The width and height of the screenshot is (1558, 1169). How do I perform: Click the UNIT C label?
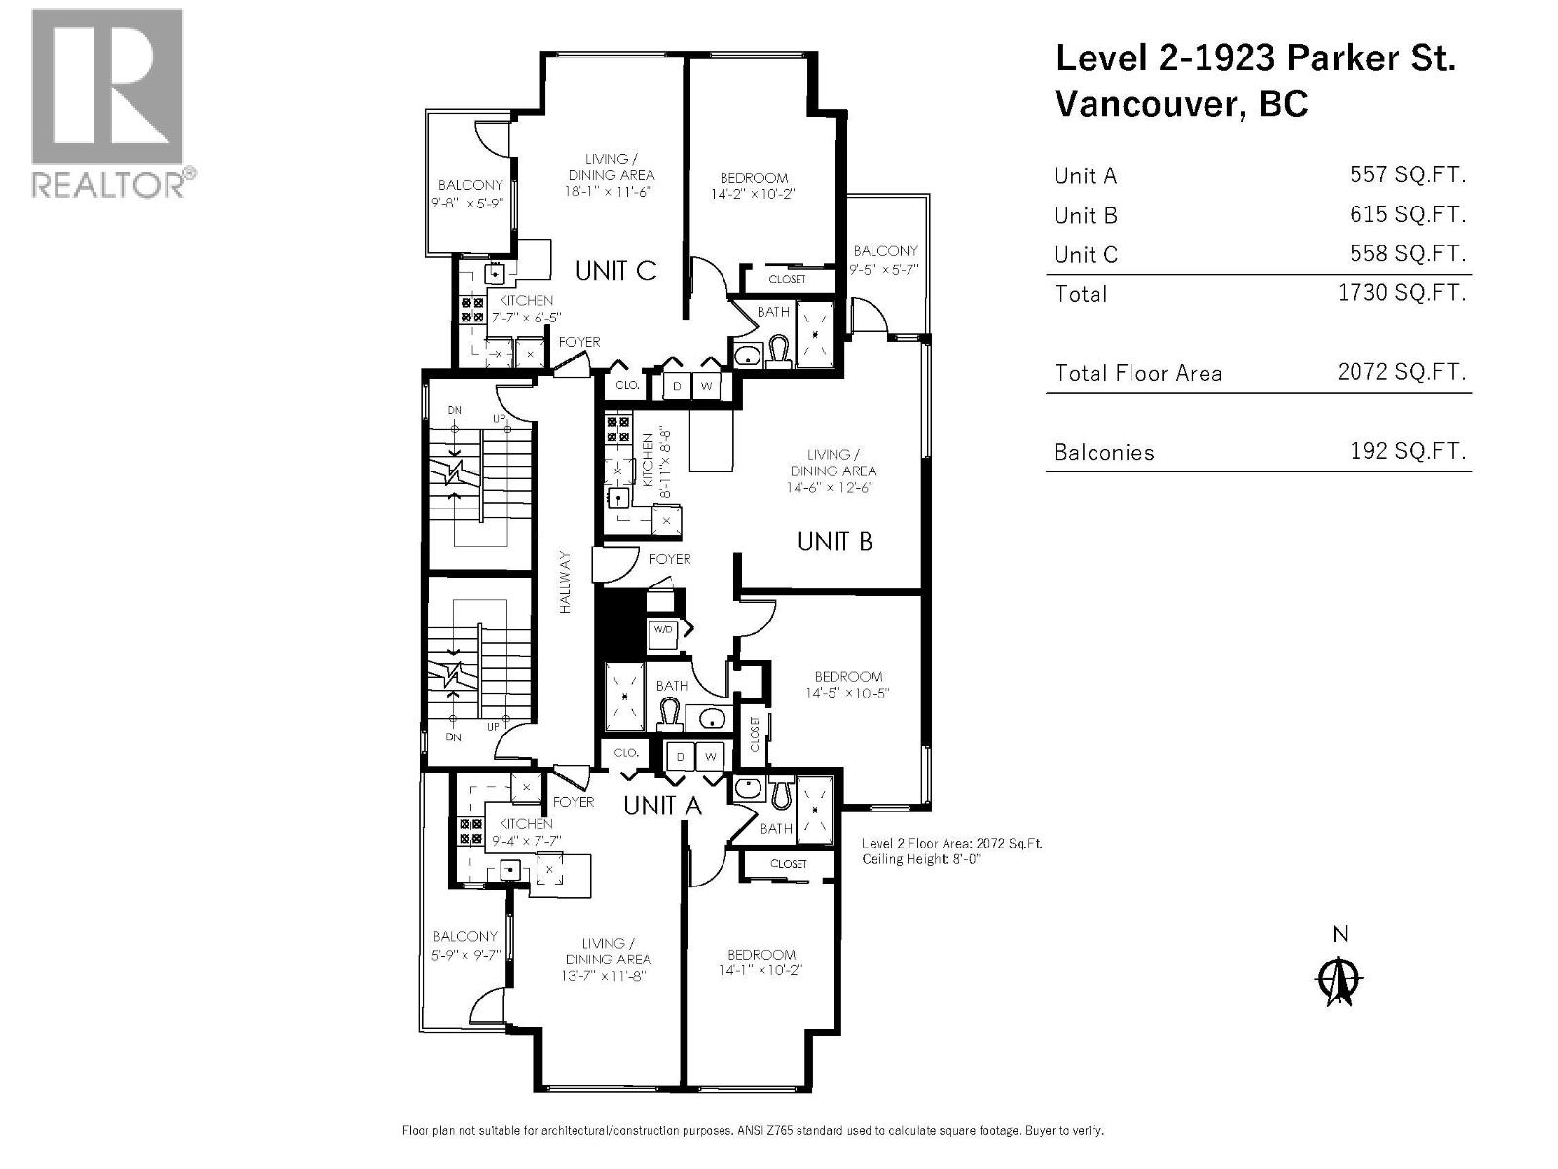(x=615, y=270)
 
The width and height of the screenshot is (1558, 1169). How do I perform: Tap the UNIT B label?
(x=835, y=541)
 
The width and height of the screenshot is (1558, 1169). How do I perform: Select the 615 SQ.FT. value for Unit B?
(x=1407, y=214)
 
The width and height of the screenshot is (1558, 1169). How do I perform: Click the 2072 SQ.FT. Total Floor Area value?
(x=1401, y=371)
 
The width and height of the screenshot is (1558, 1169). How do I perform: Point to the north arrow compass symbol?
(x=1340, y=981)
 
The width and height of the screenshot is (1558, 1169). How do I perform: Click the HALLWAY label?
(x=566, y=583)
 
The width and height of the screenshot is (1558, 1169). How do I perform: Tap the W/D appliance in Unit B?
(x=663, y=629)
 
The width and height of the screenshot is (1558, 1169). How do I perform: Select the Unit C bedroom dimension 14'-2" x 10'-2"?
(x=754, y=194)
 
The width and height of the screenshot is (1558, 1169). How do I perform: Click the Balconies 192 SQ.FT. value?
(x=1407, y=451)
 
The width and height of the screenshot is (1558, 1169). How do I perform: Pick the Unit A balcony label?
(x=465, y=936)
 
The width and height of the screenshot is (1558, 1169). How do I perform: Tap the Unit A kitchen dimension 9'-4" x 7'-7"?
(x=526, y=840)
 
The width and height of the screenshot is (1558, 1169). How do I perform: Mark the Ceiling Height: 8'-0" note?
(x=920, y=859)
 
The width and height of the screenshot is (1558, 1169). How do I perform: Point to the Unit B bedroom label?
(x=848, y=676)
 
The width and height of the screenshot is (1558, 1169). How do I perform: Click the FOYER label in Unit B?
(x=670, y=559)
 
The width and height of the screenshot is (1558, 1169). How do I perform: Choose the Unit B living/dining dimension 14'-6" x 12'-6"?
(x=833, y=486)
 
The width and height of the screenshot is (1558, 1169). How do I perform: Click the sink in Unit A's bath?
(x=748, y=789)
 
